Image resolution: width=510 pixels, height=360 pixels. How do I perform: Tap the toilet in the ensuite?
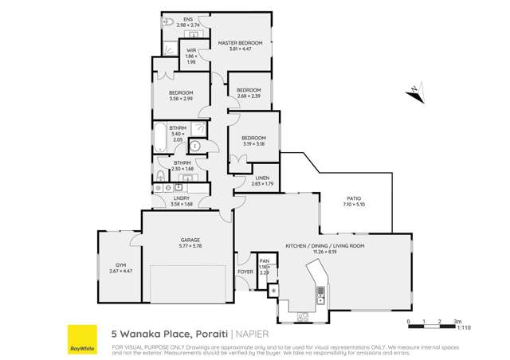pyautogui.click(x=167, y=24)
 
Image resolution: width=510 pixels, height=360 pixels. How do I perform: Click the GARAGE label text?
pyautogui.click(x=189, y=240)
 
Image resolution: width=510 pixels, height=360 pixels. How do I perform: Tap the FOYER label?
pyautogui.click(x=245, y=272)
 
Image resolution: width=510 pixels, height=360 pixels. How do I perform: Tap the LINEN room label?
pyautogui.click(x=262, y=178)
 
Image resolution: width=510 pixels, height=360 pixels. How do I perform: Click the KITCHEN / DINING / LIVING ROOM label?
pyautogui.click(x=325, y=246)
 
